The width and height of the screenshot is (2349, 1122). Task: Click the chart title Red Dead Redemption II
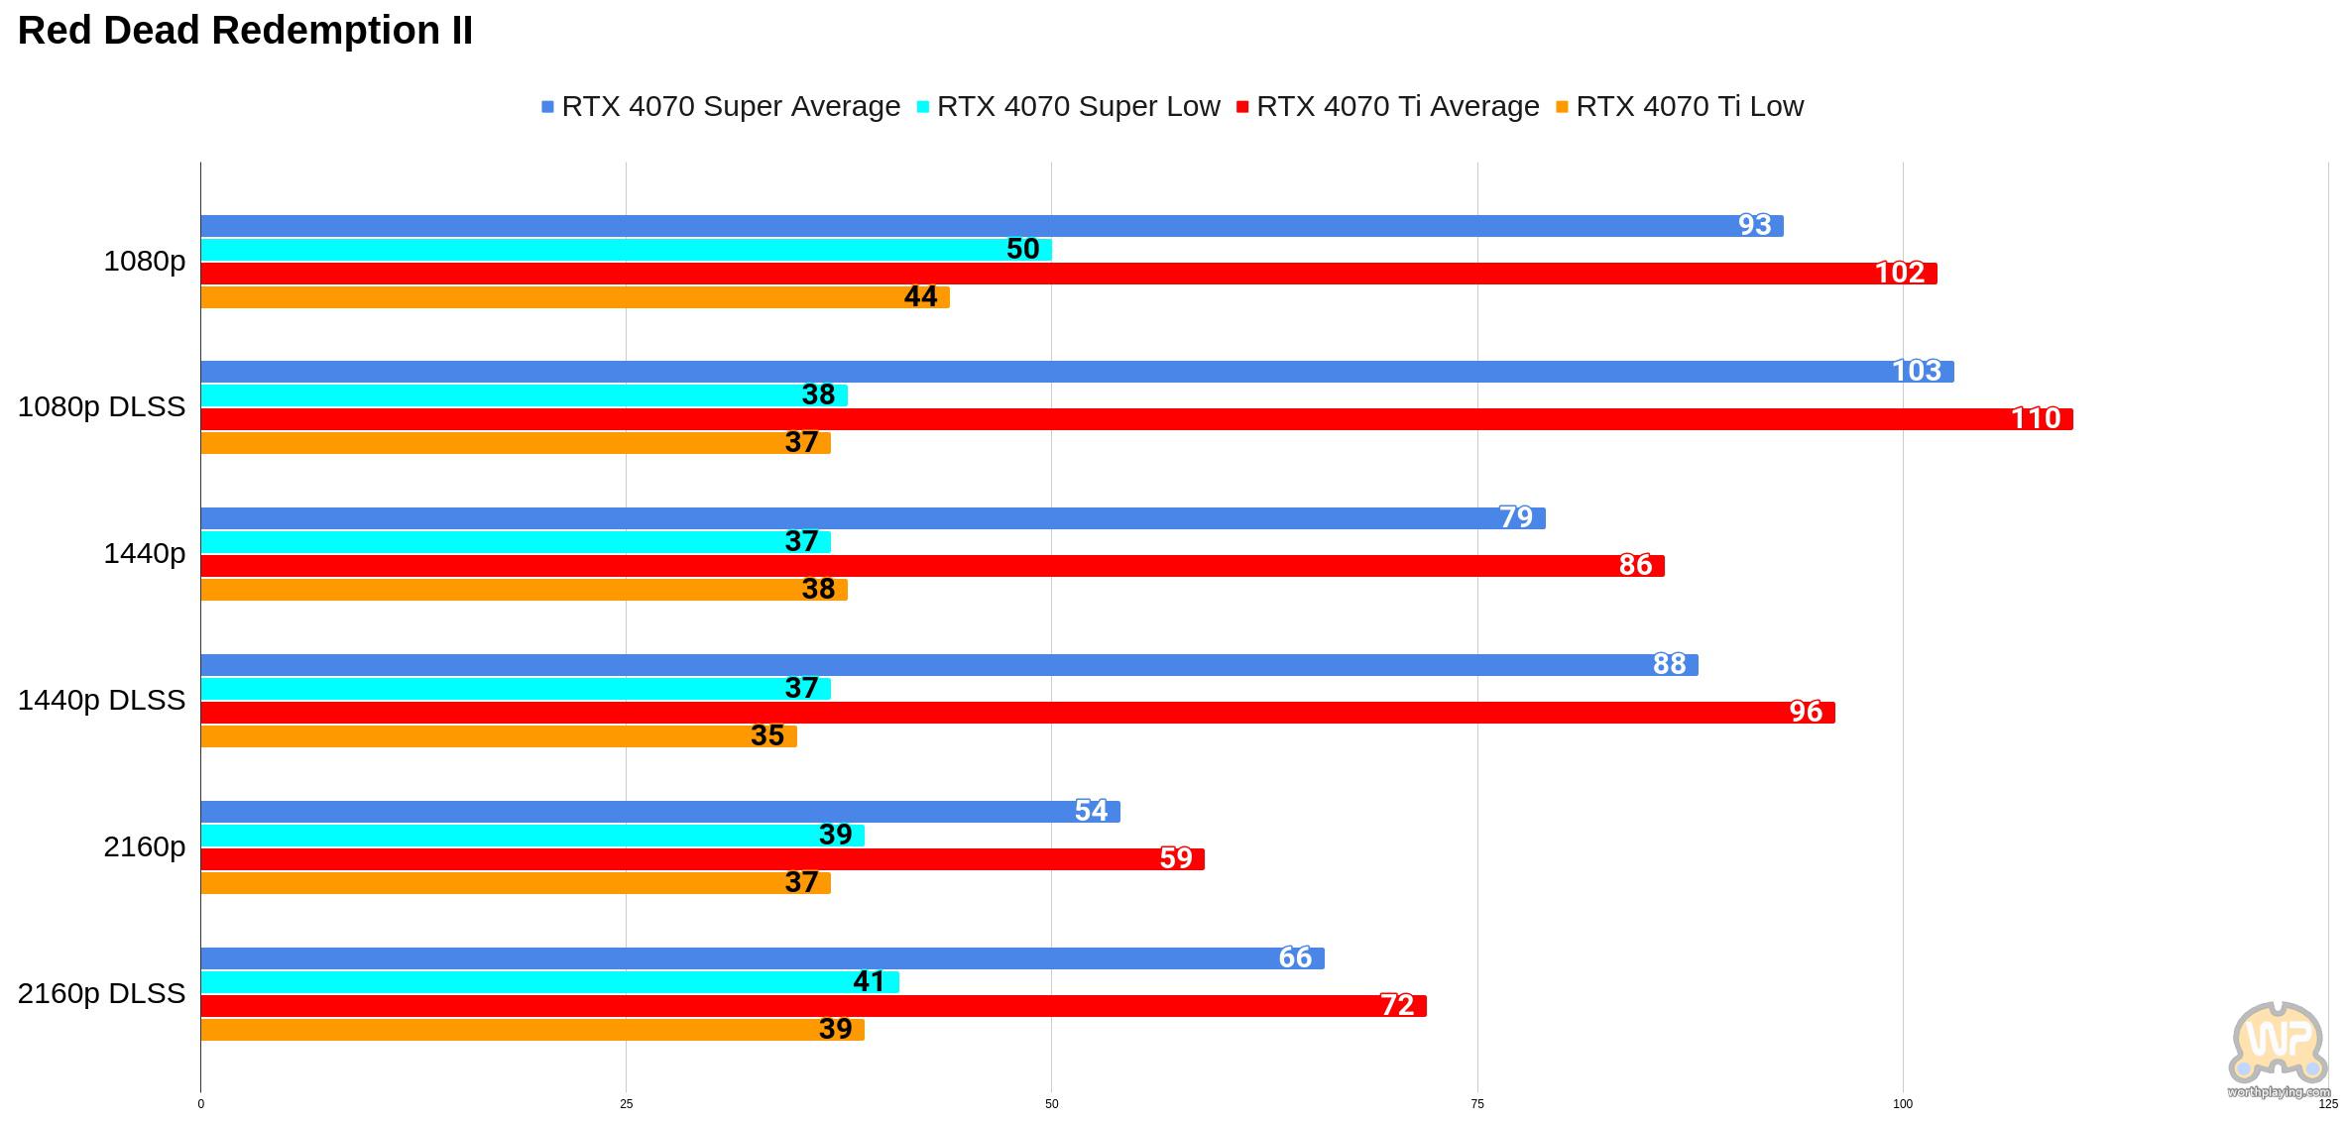[245, 31]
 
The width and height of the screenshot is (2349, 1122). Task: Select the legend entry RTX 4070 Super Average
[721, 106]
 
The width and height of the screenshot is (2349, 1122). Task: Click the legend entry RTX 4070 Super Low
[1068, 106]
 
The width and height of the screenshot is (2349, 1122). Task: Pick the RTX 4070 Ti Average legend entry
[1387, 106]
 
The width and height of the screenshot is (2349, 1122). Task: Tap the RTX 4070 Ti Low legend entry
[1680, 106]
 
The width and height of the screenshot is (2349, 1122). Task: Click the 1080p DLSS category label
[101, 407]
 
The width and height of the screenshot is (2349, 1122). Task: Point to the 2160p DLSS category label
[101, 993]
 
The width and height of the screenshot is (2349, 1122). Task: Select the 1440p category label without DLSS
[144, 554]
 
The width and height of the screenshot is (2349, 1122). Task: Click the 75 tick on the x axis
[1477, 1104]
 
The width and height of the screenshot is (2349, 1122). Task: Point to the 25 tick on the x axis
[626, 1104]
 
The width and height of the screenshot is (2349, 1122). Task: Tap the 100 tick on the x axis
[1903, 1104]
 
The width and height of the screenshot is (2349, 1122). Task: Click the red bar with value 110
[1136, 419]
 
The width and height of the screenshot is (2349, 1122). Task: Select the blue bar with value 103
[1077, 372]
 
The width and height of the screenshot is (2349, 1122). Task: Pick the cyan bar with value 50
[627, 250]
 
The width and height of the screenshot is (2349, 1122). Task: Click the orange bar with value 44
[575, 297]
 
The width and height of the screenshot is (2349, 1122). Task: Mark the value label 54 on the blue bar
[1091, 811]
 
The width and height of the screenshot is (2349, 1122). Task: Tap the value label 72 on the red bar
[1397, 1005]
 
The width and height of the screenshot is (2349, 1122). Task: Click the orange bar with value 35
[499, 736]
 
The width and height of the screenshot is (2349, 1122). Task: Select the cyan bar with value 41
[550, 982]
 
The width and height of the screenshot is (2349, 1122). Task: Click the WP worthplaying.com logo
[2279, 1050]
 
